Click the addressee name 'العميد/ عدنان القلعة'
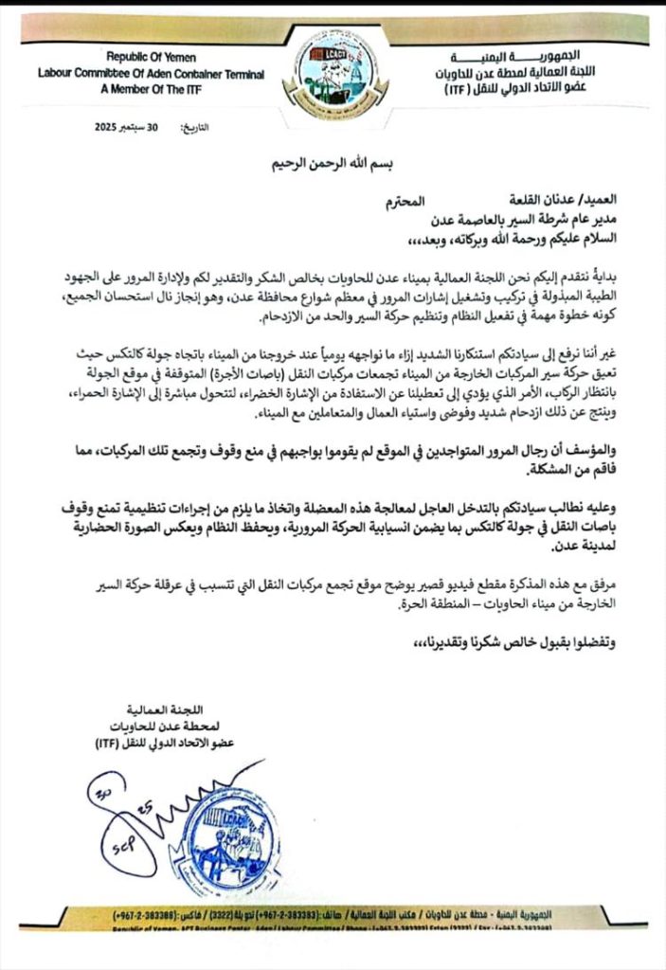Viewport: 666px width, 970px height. coord(575,202)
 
